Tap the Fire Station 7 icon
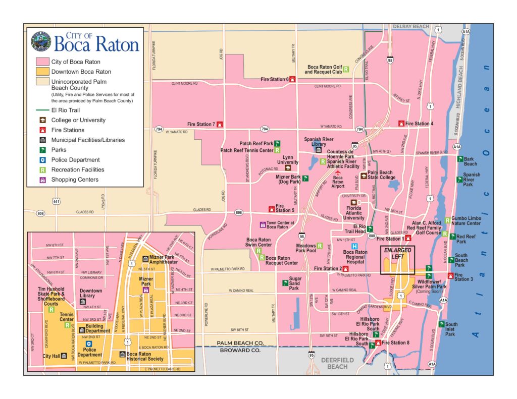coord(220,124)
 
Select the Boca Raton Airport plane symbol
coord(338,173)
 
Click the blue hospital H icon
coord(354,246)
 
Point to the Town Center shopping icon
coord(262,224)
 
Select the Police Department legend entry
coord(75,160)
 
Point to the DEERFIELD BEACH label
coord(338,363)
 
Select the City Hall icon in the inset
coord(63,356)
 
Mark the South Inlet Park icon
coord(441,325)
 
